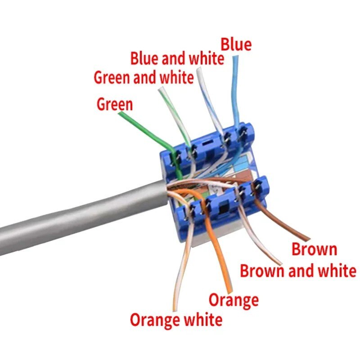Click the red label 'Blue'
[x=236, y=45]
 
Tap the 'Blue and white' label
[x=177, y=58]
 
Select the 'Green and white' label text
[x=144, y=77]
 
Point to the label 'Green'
[x=115, y=104]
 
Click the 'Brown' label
[x=314, y=249]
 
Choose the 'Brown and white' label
[x=298, y=270]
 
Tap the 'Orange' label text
[x=234, y=300]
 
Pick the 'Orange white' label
[x=176, y=320]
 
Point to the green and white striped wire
[x=175, y=117]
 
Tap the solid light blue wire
[x=236, y=92]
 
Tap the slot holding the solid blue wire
[x=243, y=134]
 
